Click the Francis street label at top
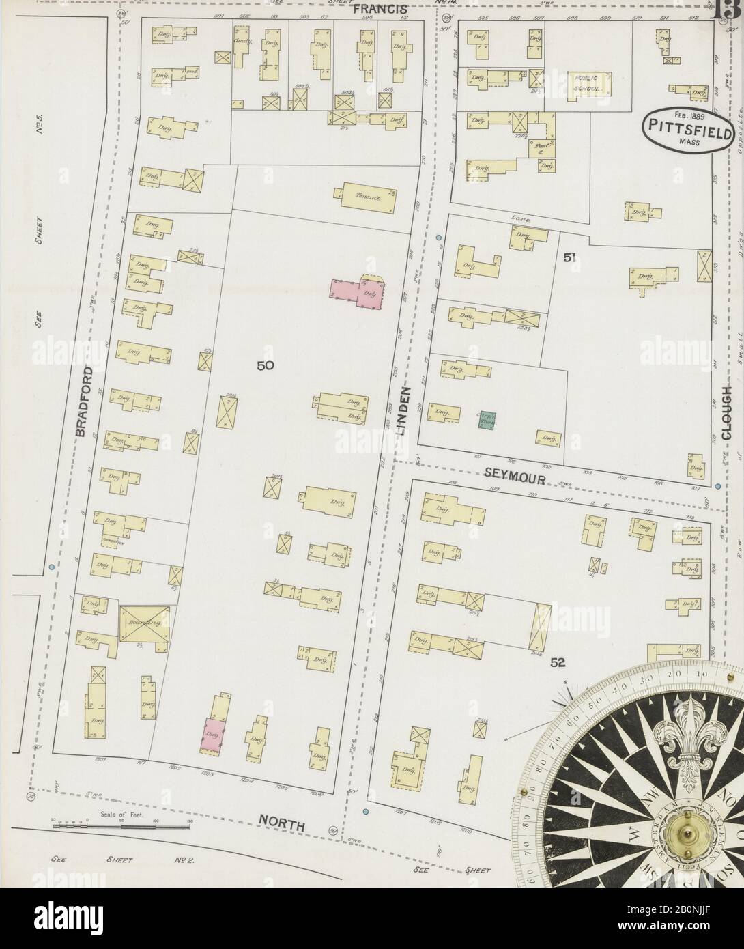tap(381, 9)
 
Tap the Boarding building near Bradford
tap(145, 623)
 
